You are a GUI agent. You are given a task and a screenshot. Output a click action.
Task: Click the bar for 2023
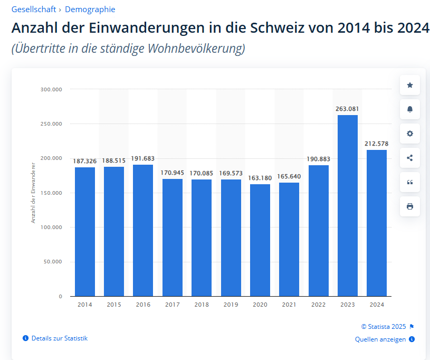pos(348,206)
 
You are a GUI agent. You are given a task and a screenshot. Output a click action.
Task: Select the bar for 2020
pos(260,240)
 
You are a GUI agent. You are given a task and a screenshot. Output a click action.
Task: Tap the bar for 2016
pos(143,230)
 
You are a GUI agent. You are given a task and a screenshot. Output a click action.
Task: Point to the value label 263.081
pos(347,109)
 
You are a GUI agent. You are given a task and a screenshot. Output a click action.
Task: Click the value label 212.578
pos(377,144)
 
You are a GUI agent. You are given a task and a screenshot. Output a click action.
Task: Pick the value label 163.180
pos(260,178)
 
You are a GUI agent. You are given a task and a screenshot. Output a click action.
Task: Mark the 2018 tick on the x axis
pos(202,305)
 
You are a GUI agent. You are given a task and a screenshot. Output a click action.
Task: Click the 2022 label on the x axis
pos(319,305)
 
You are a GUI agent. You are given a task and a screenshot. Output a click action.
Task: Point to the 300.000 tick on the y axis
pos(51,90)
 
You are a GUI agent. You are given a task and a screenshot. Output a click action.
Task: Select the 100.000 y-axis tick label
pos(51,228)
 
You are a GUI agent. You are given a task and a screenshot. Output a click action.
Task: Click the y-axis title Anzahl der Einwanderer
pos(33,192)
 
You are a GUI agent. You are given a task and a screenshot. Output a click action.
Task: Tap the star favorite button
pos(410,85)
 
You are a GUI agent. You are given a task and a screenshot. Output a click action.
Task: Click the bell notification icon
pos(410,109)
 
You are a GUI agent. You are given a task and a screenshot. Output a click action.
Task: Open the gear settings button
pos(410,134)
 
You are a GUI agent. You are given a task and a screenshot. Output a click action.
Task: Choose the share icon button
pos(410,158)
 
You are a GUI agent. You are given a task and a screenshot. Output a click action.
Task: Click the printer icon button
pos(410,206)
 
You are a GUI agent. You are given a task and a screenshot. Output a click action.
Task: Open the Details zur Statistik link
pos(59,338)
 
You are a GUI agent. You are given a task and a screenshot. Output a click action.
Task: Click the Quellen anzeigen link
pos(380,339)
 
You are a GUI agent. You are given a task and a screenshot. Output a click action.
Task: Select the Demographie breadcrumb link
pos(90,10)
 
